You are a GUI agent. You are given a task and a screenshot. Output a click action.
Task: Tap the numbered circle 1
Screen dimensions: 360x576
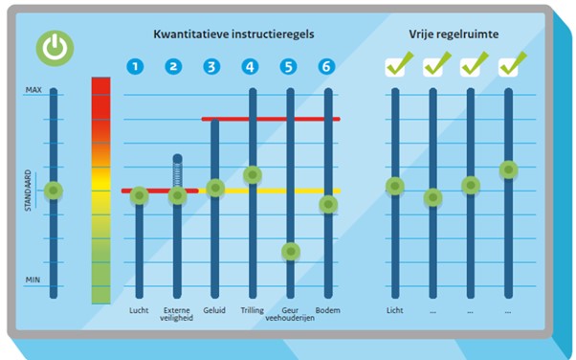tap(137, 67)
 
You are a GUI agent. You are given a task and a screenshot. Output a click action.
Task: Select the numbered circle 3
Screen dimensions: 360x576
tap(212, 67)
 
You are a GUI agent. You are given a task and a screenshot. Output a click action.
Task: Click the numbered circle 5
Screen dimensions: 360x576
tap(289, 67)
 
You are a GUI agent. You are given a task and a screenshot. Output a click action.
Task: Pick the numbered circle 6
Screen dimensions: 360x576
tap(327, 67)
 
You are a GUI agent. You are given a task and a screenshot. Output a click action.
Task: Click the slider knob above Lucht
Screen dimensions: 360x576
tap(139, 195)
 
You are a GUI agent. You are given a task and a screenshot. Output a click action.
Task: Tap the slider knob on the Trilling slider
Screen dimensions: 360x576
tap(253, 175)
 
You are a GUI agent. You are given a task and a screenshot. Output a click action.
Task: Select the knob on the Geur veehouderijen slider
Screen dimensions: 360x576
tap(291, 252)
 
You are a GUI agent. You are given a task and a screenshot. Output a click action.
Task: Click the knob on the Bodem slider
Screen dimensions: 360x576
tap(328, 205)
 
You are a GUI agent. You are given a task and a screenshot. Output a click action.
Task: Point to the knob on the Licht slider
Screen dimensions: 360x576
tap(394, 187)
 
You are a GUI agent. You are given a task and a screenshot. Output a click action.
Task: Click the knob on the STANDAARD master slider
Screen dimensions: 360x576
tap(54, 191)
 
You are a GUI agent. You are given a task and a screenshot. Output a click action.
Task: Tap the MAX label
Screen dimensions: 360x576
tap(33, 90)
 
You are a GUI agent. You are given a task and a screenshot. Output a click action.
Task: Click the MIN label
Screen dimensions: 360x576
tap(33, 281)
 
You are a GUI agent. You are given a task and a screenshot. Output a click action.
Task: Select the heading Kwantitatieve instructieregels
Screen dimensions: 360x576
tap(233, 34)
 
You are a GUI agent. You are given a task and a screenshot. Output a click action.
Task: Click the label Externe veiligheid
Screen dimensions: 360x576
tap(177, 315)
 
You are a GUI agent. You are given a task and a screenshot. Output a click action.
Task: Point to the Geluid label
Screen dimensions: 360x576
tap(214, 310)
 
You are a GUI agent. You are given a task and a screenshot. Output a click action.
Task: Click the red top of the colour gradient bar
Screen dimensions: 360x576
tap(101, 88)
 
